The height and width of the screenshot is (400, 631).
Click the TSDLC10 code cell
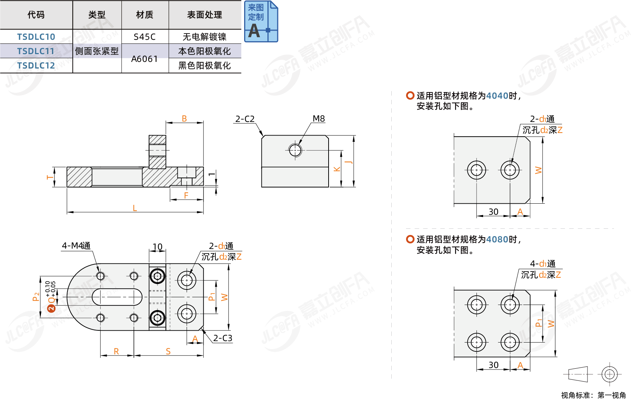coord(36,37)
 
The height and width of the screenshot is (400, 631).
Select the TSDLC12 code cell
coord(36,66)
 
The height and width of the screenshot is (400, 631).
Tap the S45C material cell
coord(145,37)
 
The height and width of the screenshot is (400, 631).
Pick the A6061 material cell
coord(145,59)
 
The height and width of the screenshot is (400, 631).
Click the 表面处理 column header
coord(204,15)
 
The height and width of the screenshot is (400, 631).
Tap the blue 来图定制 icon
coord(261,21)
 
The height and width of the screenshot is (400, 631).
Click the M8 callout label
coord(319,119)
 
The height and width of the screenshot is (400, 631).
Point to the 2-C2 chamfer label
coord(245,119)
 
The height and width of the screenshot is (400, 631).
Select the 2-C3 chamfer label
coord(223,338)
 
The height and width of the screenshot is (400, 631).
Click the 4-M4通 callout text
coord(76,246)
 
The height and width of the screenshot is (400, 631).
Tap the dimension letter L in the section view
coord(135,208)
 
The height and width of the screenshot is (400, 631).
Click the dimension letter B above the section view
coord(184,119)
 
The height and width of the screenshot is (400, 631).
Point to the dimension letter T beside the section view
coord(50,177)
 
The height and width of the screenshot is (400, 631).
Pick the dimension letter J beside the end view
coord(349,162)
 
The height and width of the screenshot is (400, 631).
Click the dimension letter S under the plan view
coord(168,351)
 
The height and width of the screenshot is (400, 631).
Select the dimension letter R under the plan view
coord(116,351)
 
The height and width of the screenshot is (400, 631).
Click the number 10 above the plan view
coord(157,247)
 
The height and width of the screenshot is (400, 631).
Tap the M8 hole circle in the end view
coord(295,150)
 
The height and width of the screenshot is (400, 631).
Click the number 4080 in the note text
coord(497,239)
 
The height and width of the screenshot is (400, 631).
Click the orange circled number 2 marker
coord(51,308)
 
